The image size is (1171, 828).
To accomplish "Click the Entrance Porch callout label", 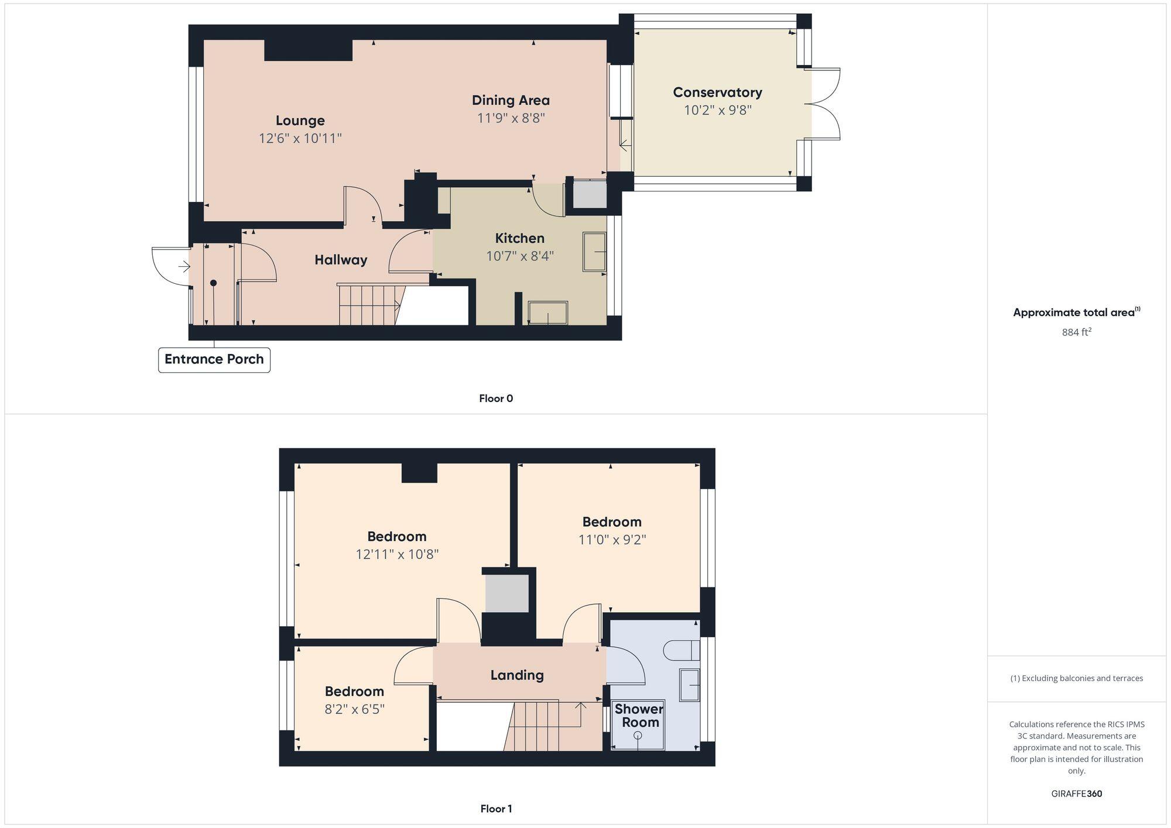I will click(214, 359).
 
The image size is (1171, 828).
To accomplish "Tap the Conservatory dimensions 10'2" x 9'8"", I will click(717, 110).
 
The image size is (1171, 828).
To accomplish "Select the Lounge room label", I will click(300, 121).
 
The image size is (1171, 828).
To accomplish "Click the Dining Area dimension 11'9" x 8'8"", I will click(511, 118).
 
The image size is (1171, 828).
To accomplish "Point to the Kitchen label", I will click(519, 238).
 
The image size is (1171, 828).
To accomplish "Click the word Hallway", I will click(341, 260).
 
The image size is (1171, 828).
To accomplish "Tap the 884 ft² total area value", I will click(1076, 332).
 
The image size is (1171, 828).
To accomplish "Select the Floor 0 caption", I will click(495, 398).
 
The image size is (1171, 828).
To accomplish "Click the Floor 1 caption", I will click(496, 809).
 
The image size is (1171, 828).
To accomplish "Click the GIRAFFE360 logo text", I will click(1076, 793).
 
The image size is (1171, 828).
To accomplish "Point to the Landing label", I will click(516, 675).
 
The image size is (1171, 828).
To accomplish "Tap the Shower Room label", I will click(639, 716).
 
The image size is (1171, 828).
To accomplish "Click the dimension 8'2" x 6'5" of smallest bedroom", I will click(354, 709).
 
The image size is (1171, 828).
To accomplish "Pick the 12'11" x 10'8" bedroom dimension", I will click(397, 554).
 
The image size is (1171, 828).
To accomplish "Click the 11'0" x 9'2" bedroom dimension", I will click(612, 540).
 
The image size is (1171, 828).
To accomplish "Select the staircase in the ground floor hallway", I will click(369, 304).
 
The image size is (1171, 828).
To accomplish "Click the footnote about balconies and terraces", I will click(1076, 678).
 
